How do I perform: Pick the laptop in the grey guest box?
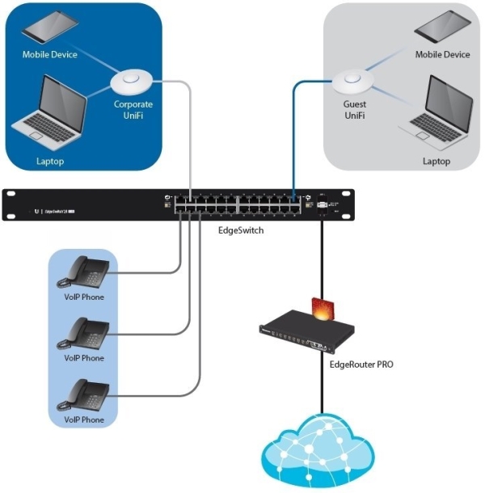pyautogui.click(x=441, y=114)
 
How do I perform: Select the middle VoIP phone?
pyautogui.click(x=83, y=335)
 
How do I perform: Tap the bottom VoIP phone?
pyautogui.click(x=83, y=396)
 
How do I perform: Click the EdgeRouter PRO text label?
pyautogui.click(x=361, y=365)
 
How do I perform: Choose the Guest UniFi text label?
pyautogui.click(x=354, y=109)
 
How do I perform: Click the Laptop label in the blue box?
pyautogui.click(x=49, y=162)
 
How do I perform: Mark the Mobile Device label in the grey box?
pyautogui.click(x=442, y=55)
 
